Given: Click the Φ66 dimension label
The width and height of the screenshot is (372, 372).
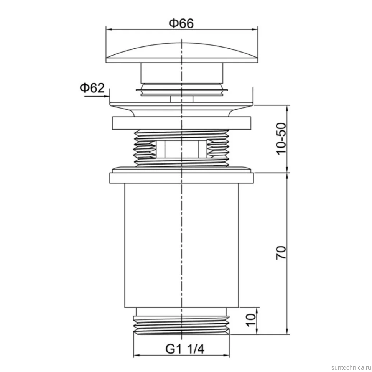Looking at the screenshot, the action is click(181, 23).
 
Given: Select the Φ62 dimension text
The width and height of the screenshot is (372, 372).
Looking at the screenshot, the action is click(92, 88).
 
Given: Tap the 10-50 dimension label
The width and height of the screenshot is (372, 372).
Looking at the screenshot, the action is click(281, 139).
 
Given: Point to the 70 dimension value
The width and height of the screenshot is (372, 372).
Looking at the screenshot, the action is click(281, 253).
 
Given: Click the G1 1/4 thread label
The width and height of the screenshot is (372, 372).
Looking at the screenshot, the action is click(185, 349).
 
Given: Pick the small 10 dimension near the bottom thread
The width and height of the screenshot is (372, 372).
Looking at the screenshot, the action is click(251, 320).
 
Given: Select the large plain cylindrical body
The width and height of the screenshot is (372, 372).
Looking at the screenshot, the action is click(181, 245).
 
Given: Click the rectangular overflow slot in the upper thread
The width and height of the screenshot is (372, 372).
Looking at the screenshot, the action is click(181, 149).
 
